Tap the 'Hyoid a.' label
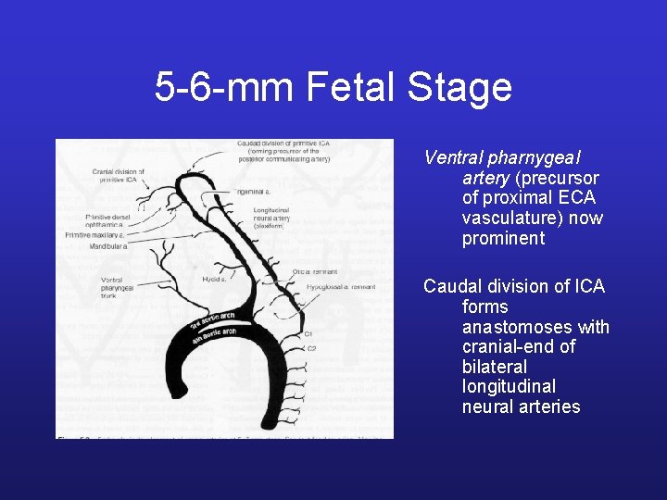click(215, 279)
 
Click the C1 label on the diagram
click(309, 333)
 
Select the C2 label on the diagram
click(312, 348)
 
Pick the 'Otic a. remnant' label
click(315, 271)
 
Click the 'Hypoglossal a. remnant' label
click(341, 287)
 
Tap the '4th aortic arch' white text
click(216, 335)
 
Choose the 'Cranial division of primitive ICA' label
click(118, 176)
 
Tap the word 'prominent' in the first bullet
click(504, 239)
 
